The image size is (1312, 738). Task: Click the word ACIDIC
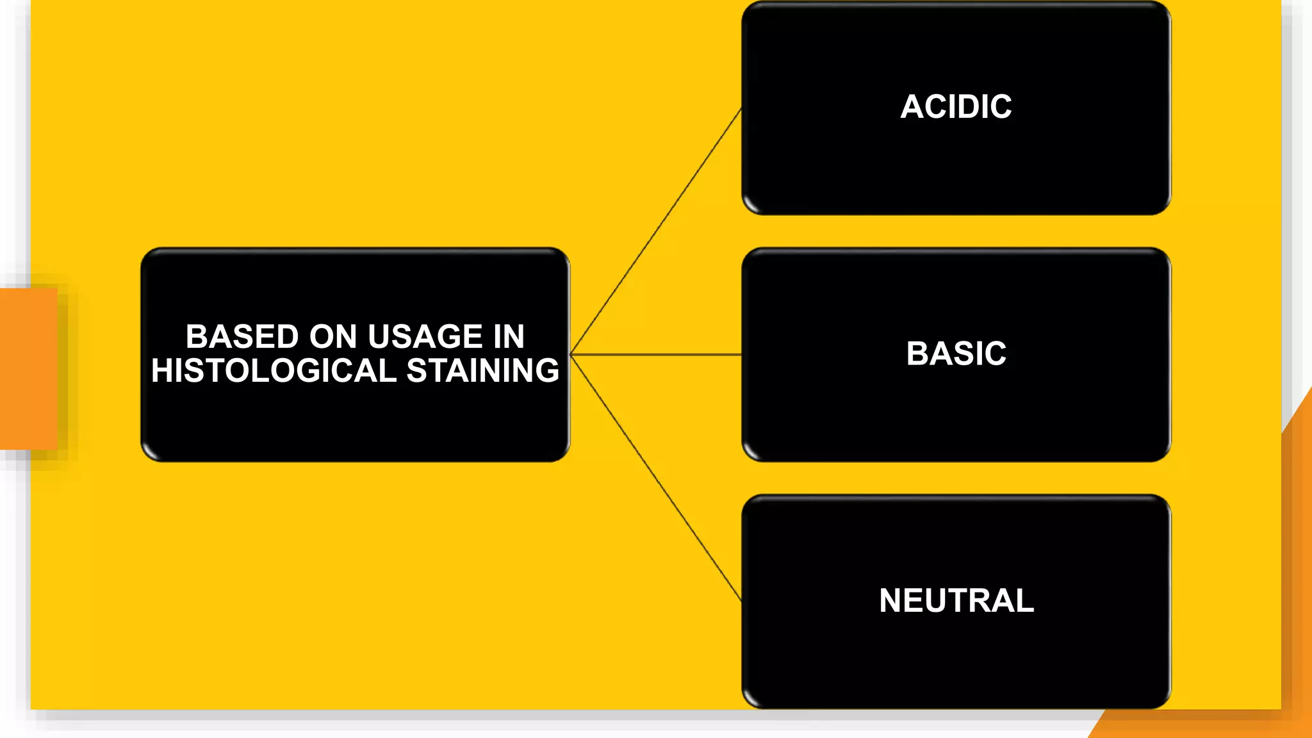(956, 106)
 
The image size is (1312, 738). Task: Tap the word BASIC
(956, 354)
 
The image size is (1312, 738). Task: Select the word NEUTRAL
(956, 601)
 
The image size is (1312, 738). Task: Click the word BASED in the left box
(242, 337)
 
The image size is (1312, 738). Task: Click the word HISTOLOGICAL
(274, 371)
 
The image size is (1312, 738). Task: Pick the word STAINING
(483, 371)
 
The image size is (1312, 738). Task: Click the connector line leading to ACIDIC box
(656, 231)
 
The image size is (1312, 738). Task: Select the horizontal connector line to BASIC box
(656, 354)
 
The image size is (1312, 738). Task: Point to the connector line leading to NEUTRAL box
(656, 478)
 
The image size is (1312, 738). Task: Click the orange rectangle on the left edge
(28, 369)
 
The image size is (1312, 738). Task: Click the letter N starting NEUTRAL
(891, 601)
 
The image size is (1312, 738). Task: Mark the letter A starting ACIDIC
(912, 106)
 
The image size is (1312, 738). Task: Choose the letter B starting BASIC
(918, 354)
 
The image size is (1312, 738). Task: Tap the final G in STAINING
(546, 371)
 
